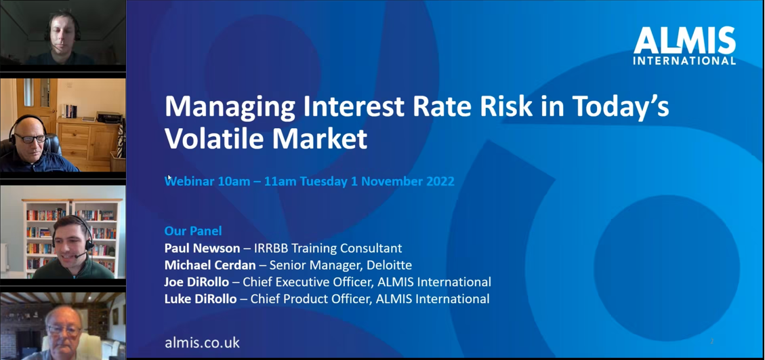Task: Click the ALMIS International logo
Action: point(684,46)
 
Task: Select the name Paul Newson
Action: point(202,248)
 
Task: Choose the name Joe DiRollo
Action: point(197,282)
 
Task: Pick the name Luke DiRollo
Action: point(201,298)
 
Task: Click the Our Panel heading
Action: point(193,231)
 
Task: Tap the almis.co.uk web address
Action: point(202,342)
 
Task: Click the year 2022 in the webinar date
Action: point(438,181)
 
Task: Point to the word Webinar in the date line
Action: point(190,181)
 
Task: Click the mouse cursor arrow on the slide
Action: point(169,178)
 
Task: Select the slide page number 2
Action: point(712,341)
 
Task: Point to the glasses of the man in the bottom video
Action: point(64,329)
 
